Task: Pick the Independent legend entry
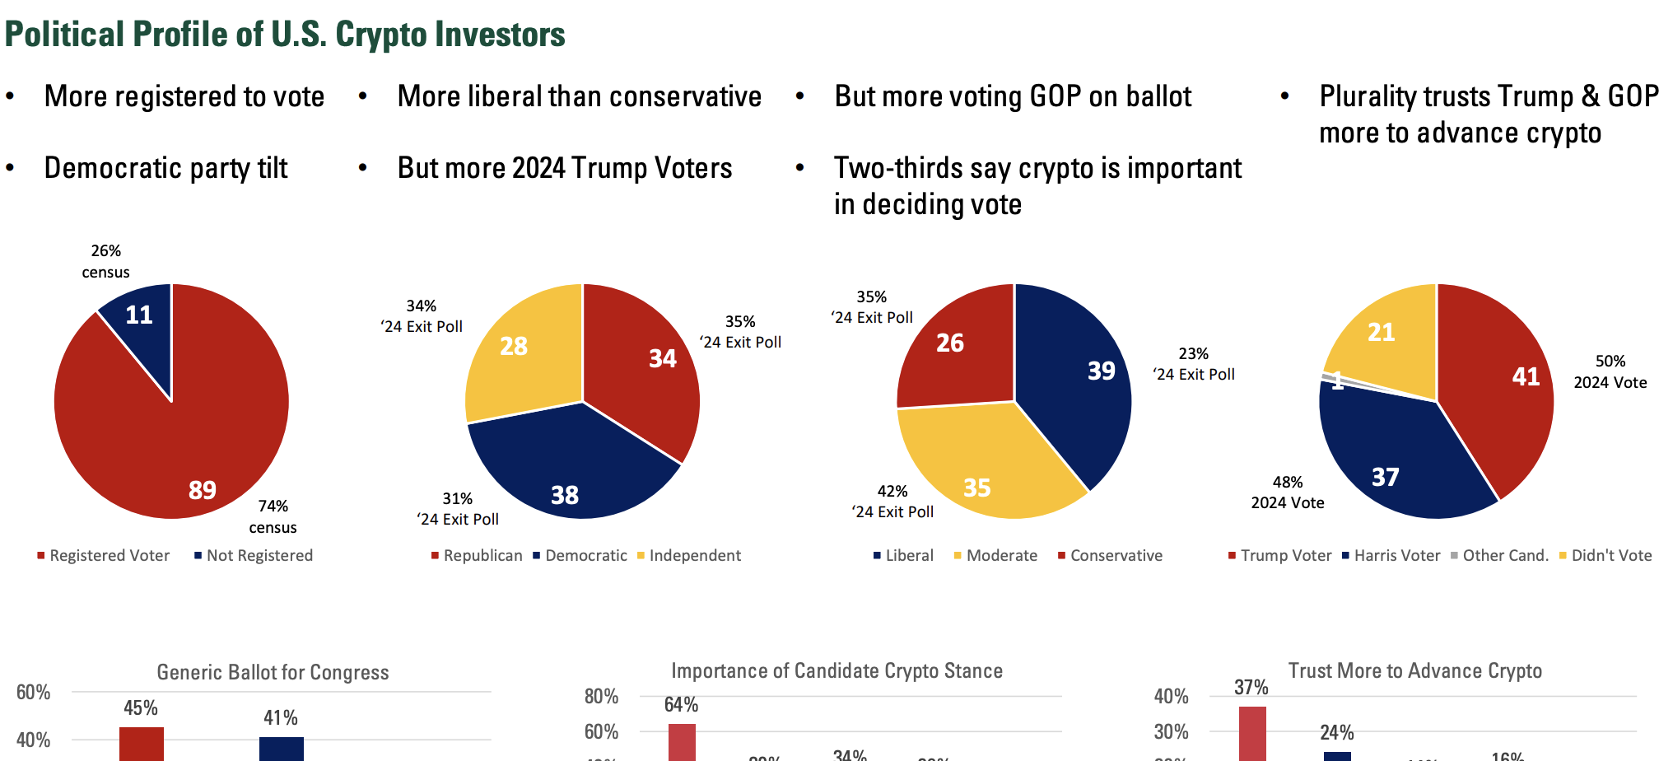pyautogui.click(x=695, y=556)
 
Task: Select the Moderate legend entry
pyautogui.click(x=1001, y=556)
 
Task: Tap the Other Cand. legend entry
pyautogui.click(x=1505, y=556)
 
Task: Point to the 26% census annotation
pyautogui.click(x=106, y=261)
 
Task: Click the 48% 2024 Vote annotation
pyautogui.click(x=1288, y=493)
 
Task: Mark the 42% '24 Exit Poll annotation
pyautogui.click(x=892, y=502)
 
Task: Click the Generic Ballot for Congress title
pyautogui.click(x=273, y=672)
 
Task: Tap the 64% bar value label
pyautogui.click(x=681, y=705)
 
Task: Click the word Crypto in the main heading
pyautogui.click(x=380, y=35)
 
